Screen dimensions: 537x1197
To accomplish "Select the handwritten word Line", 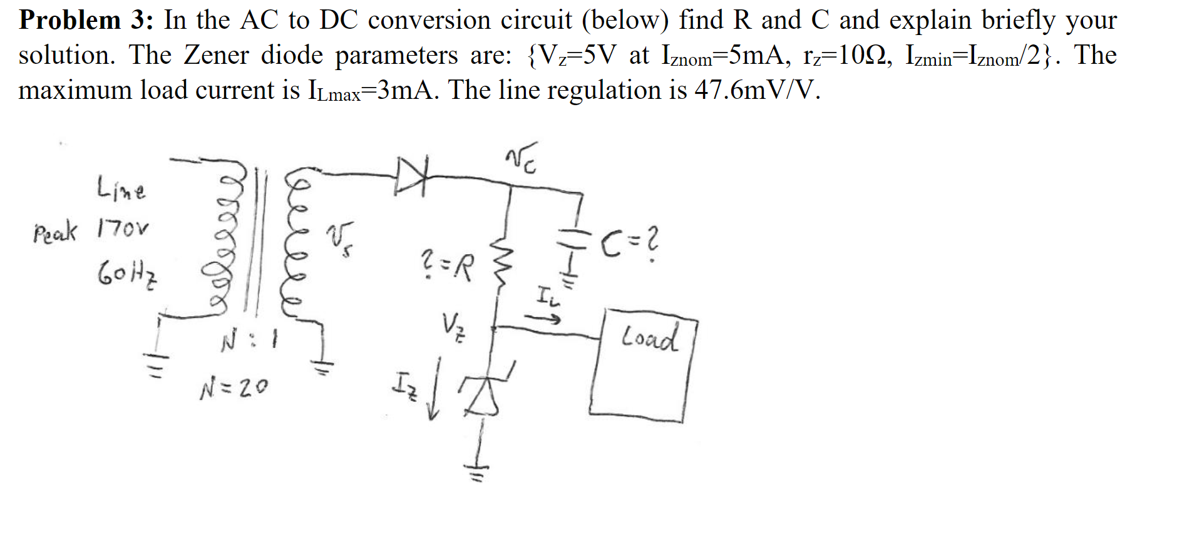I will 121,188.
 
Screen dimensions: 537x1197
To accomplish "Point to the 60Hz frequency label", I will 127,273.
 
